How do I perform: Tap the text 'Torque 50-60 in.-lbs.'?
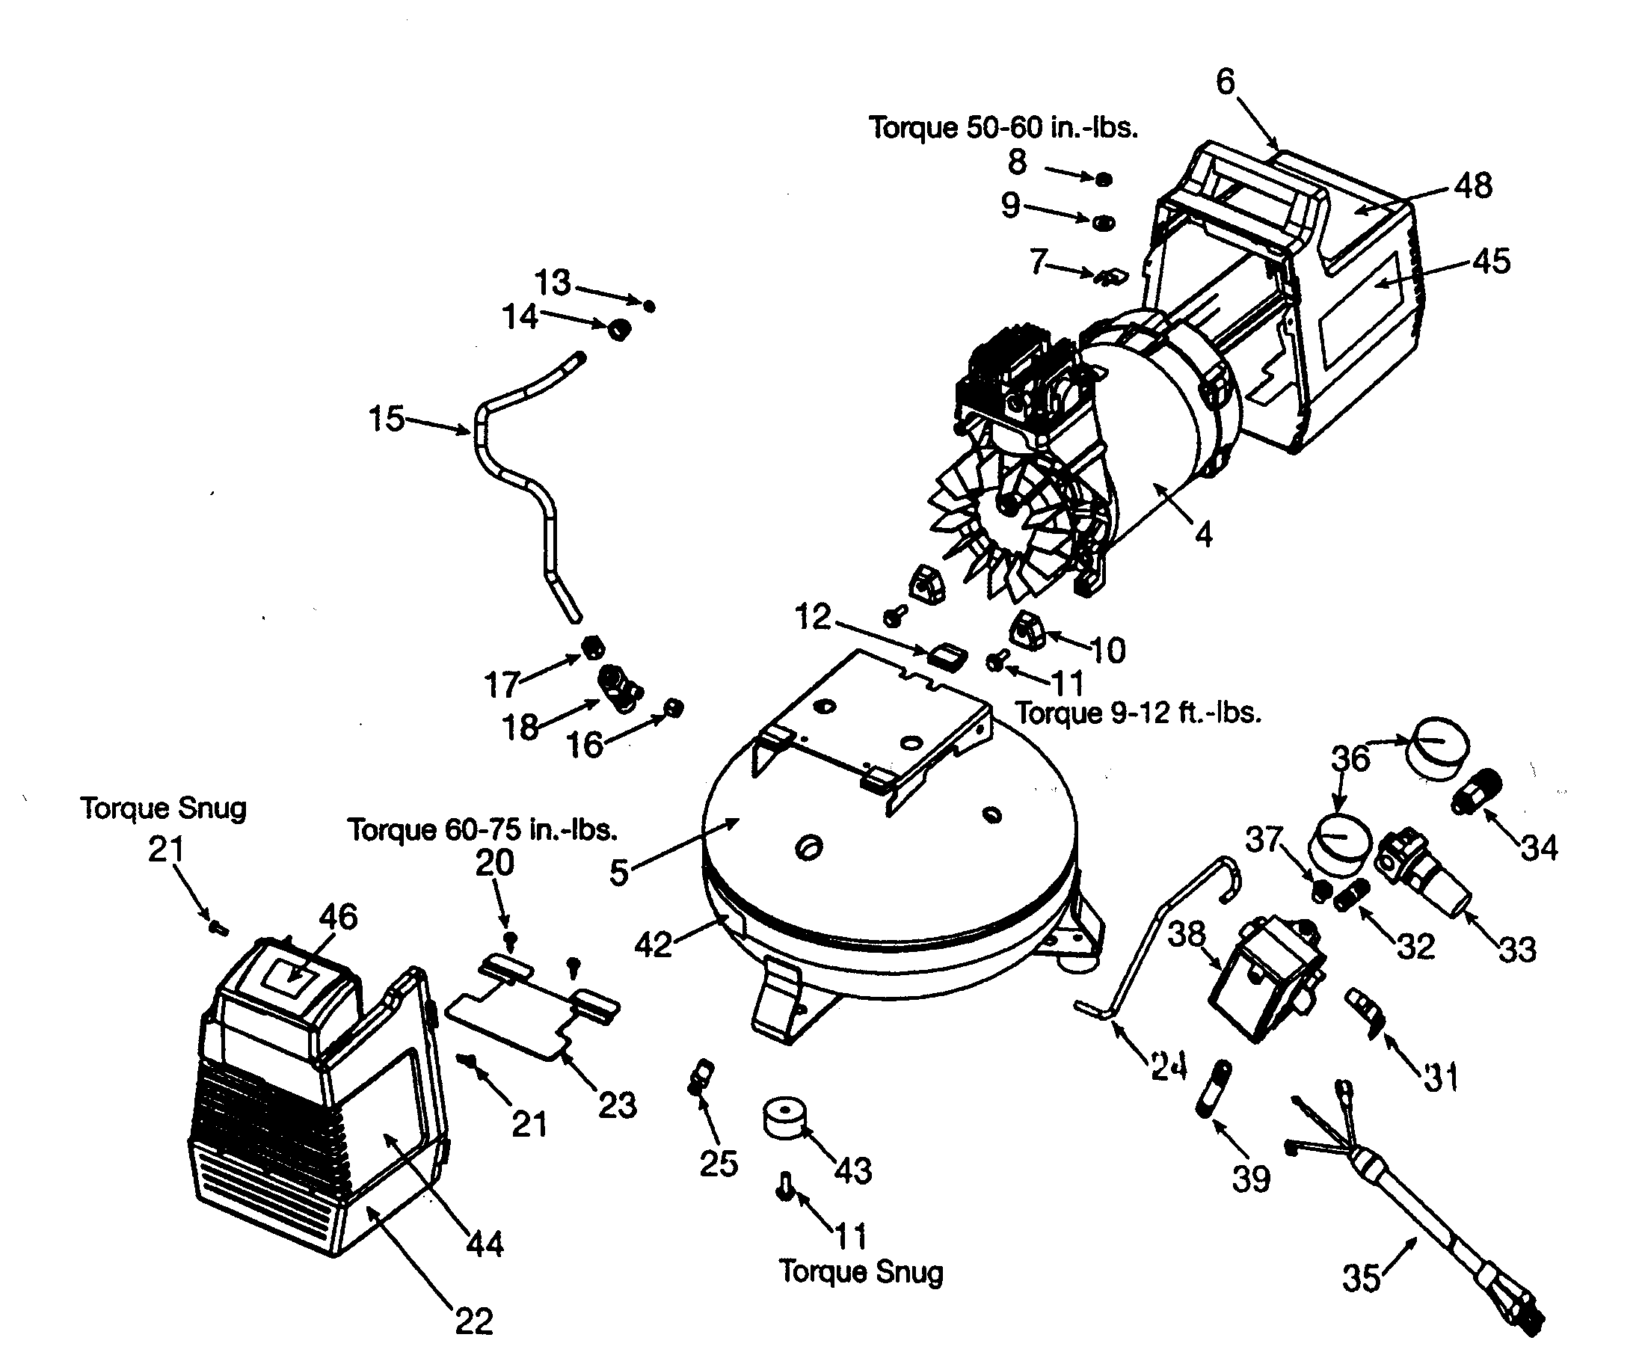[x=1003, y=128]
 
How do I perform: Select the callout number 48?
[x=1474, y=186]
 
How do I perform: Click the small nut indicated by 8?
[x=1103, y=179]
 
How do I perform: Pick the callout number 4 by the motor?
[x=1203, y=535]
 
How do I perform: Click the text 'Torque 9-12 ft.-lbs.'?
[x=1138, y=713]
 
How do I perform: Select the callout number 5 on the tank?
[x=619, y=872]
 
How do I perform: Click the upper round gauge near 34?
[x=1440, y=749]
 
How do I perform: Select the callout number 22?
[x=474, y=1321]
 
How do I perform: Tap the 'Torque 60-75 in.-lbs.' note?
[x=482, y=829]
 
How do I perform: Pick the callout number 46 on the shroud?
[x=339, y=917]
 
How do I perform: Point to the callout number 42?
[x=653, y=944]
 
